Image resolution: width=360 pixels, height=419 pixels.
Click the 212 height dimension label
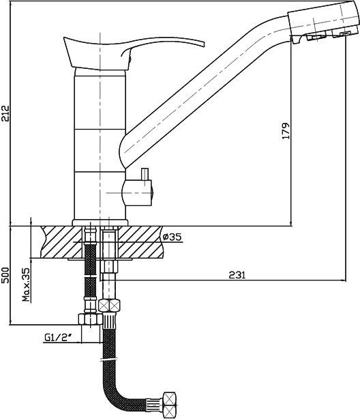tap(6, 113)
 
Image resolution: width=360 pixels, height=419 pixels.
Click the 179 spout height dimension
tap(286, 131)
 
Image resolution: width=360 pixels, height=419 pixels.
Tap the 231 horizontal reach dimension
tap(237, 275)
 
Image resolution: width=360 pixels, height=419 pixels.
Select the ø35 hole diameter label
tap(172, 237)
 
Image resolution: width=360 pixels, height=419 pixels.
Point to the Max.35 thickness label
tap(26, 285)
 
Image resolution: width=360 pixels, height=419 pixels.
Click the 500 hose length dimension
tap(6, 275)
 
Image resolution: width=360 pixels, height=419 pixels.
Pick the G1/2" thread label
tap(58, 338)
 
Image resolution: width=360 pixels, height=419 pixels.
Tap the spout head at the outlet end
tap(322, 21)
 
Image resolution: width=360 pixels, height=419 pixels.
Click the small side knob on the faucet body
tap(138, 192)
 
